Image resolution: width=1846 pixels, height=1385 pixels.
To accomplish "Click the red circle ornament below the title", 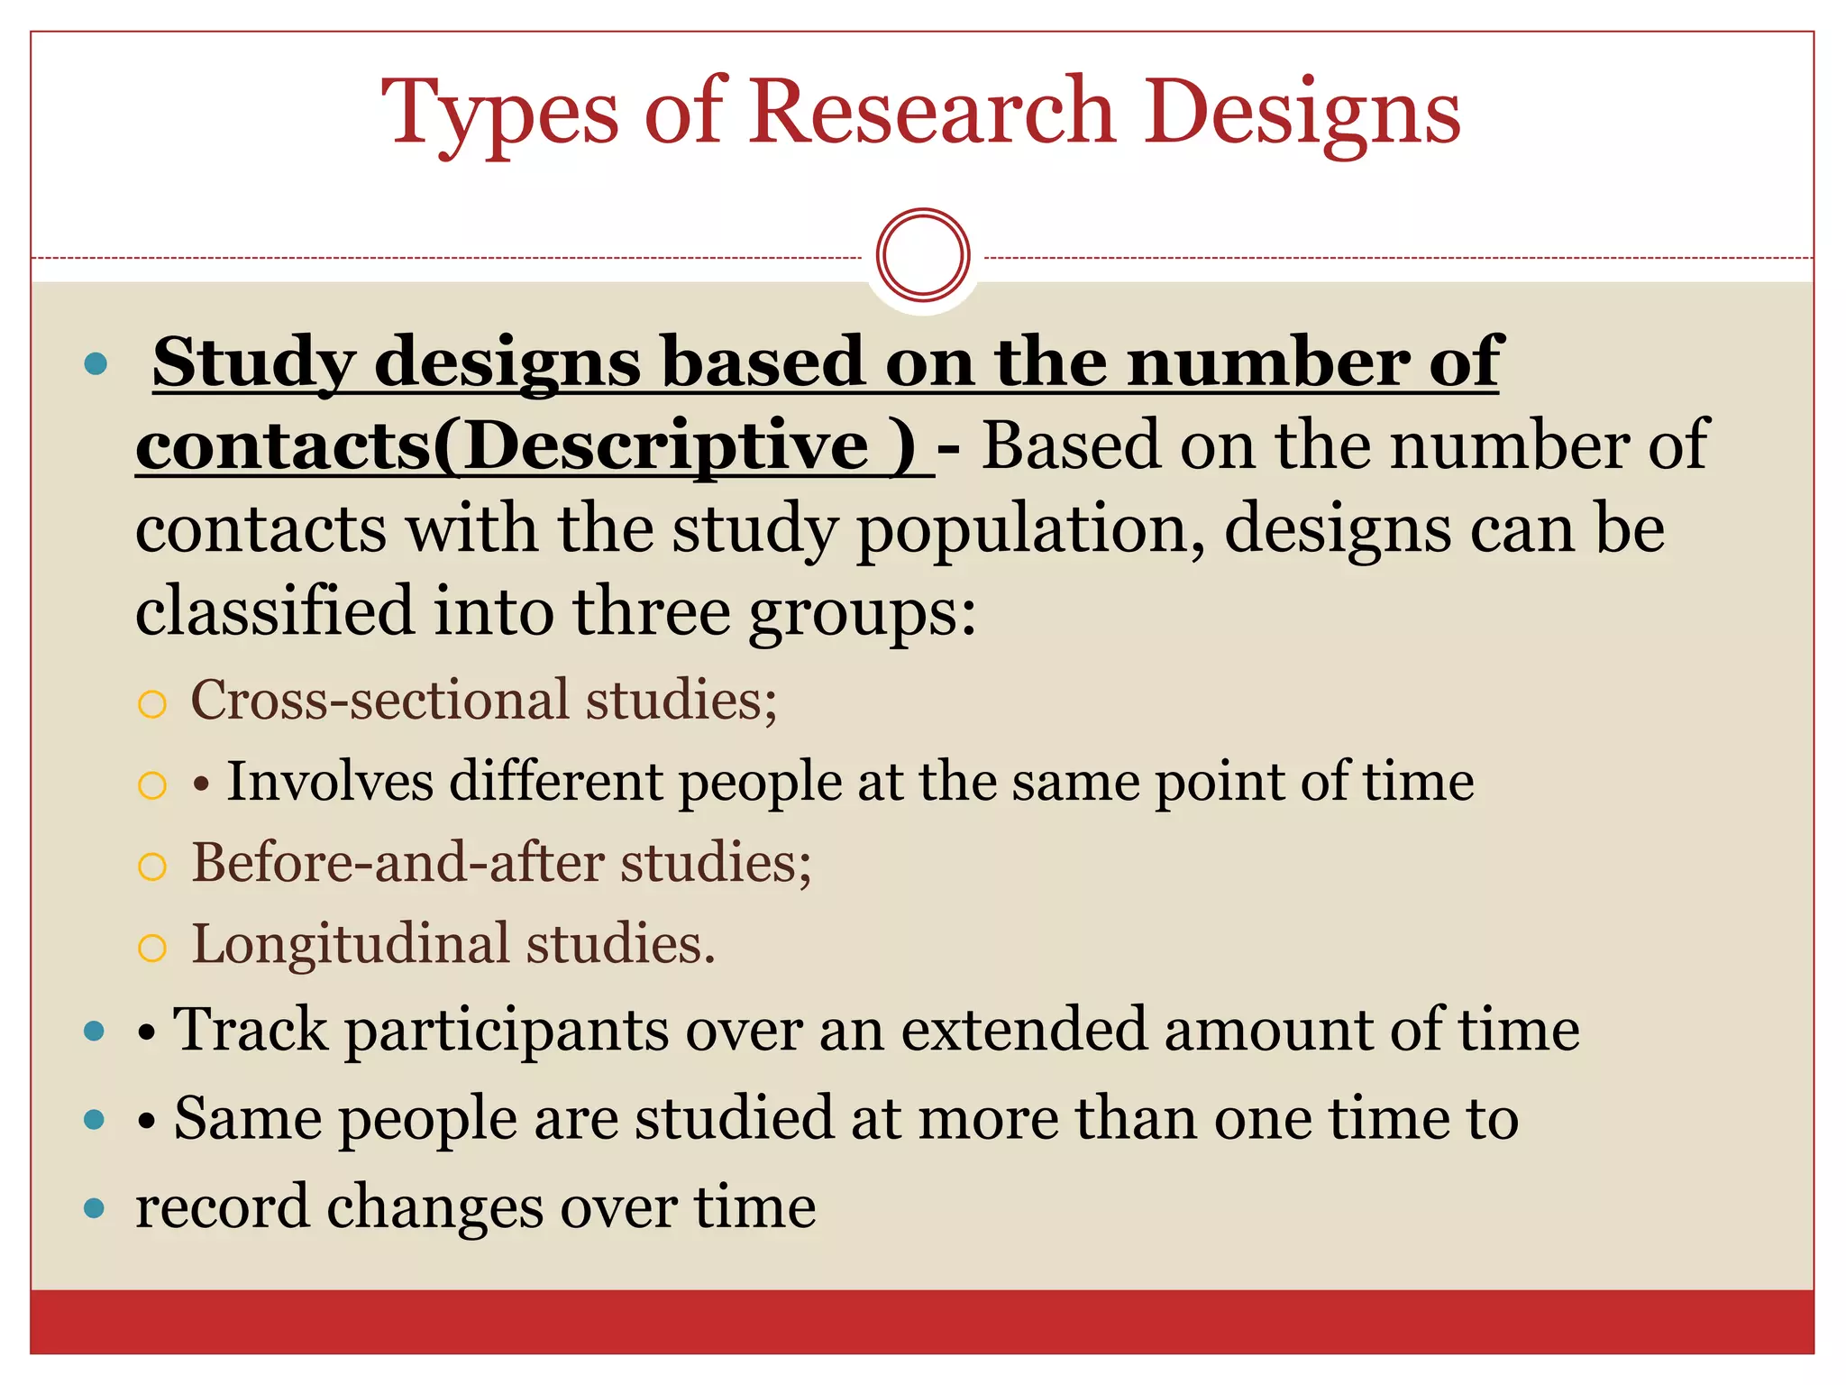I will (923, 255).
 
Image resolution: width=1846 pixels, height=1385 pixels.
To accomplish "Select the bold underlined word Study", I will (253, 363).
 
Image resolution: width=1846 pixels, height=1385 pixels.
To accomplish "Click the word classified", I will (274, 611).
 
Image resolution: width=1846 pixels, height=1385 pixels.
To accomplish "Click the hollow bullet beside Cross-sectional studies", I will (152, 704).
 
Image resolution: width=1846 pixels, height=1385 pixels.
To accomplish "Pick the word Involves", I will (329, 781).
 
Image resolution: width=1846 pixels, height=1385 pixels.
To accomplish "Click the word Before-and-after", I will (398, 863).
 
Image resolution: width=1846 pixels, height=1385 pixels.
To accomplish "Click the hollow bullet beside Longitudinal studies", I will (152, 949).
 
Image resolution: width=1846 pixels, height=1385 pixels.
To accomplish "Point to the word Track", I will (250, 1030).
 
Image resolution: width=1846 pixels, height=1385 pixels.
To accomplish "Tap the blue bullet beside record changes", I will (95, 1208).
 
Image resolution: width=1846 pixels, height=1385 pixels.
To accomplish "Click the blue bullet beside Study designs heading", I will (95, 365).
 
